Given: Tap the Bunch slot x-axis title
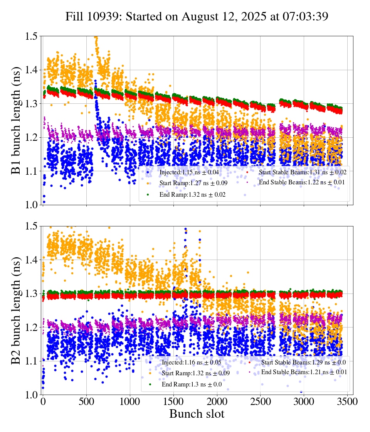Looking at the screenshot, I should click(x=197, y=414).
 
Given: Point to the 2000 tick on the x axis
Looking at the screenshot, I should click(x=217, y=402).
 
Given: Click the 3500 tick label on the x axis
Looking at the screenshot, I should click(x=348, y=402).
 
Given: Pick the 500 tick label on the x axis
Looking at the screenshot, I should click(x=86, y=402).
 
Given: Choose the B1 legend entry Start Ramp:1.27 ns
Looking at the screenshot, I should click(x=188, y=183).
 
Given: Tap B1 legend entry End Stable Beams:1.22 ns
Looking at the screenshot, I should click(x=302, y=182).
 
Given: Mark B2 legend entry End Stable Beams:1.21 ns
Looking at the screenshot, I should click(x=304, y=372).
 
